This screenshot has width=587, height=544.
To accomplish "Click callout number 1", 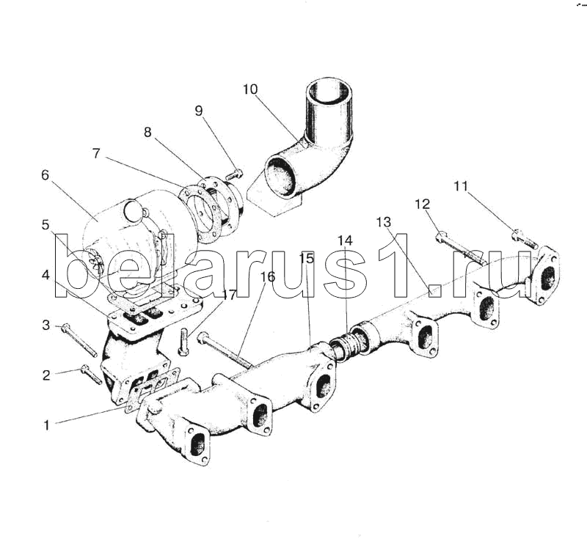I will click(x=46, y=424).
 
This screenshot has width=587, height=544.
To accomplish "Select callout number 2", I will click(x=46, y=375).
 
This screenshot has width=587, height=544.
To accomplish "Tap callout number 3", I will click(x=46, y=325).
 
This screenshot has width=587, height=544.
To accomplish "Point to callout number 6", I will click(x=45, y=175).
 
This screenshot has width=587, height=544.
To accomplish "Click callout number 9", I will click(x=199, y=111).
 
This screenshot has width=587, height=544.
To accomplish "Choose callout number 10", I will click(x=250, y=89).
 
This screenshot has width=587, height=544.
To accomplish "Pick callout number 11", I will click(x=460, y=186).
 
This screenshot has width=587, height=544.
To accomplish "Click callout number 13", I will click(x=384, y=221).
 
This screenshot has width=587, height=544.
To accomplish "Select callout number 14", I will click(x=345, y=240).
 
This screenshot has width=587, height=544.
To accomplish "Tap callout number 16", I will click(x=267, y=277).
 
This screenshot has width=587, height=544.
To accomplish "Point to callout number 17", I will click(x=230, y=295).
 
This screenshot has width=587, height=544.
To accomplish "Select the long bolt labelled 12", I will click(x=462, y=249).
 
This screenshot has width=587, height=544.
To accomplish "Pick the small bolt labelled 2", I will click(x=92, y=375).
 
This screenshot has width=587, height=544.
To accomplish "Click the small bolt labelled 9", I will click(x=234, y=174).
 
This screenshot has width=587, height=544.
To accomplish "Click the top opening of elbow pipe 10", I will click(x=328, y=94).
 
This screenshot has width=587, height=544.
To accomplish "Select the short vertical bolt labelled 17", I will click(x=183, y=342).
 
